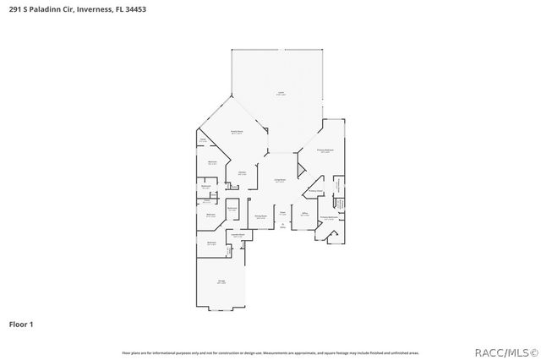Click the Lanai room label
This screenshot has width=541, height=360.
(280, 94)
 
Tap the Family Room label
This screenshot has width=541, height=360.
(238, 133)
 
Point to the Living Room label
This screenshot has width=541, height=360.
(279, 181)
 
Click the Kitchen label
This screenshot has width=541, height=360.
(242, 174)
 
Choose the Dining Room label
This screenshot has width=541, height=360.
(261, 217)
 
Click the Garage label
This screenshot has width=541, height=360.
(221, 282)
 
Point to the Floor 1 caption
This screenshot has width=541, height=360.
(20, 324)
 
